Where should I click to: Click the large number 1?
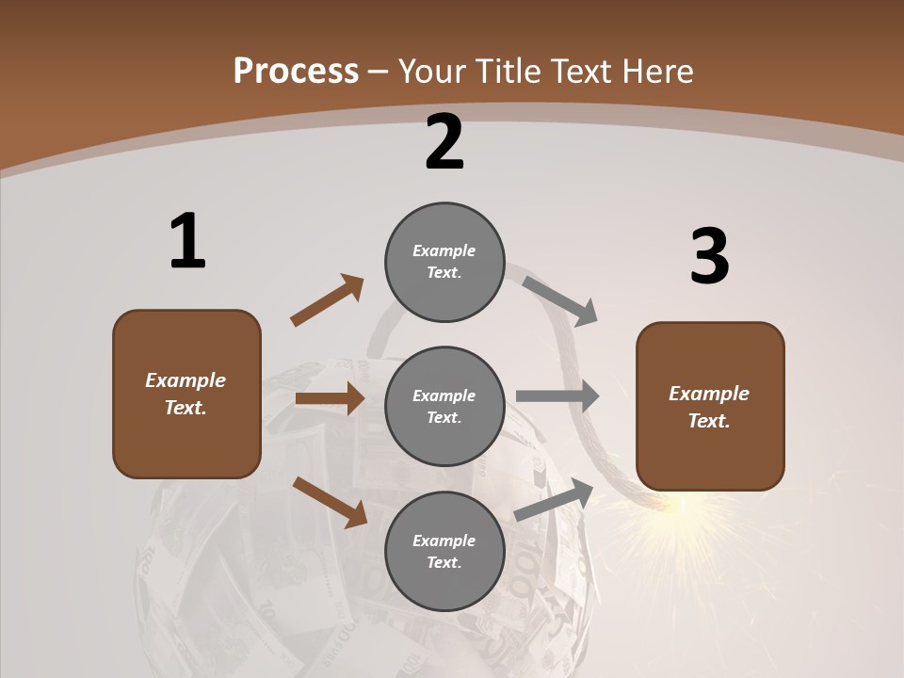187,241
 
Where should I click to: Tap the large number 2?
444,142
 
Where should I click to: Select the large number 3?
709,257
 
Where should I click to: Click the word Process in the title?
296,71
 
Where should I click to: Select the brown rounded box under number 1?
186,394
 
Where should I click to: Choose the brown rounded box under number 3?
710,407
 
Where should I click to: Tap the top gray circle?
444,262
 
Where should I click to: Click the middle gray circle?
444,407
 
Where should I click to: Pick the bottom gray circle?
444,552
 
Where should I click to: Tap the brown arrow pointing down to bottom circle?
331,501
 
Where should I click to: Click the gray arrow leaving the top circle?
560,300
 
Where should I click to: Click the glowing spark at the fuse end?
683,507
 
